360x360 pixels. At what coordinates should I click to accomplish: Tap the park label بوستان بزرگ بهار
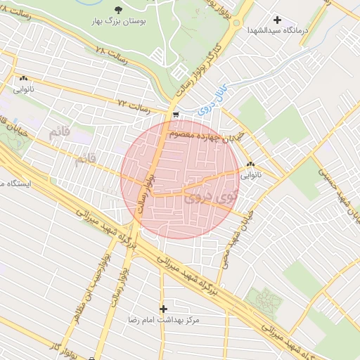pyautogui.click(x=117, y=23)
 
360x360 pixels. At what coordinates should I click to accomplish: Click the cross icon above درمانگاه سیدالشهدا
pyautogui.click(x=278, y=20)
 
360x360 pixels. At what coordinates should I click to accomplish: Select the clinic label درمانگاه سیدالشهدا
pyautogui.click(x=275, y=31)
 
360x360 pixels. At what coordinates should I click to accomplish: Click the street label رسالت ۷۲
pyautogui.click(x=134, y=103)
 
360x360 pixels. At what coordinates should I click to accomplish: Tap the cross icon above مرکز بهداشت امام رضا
pyautogui.click(x=164, y=309)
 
